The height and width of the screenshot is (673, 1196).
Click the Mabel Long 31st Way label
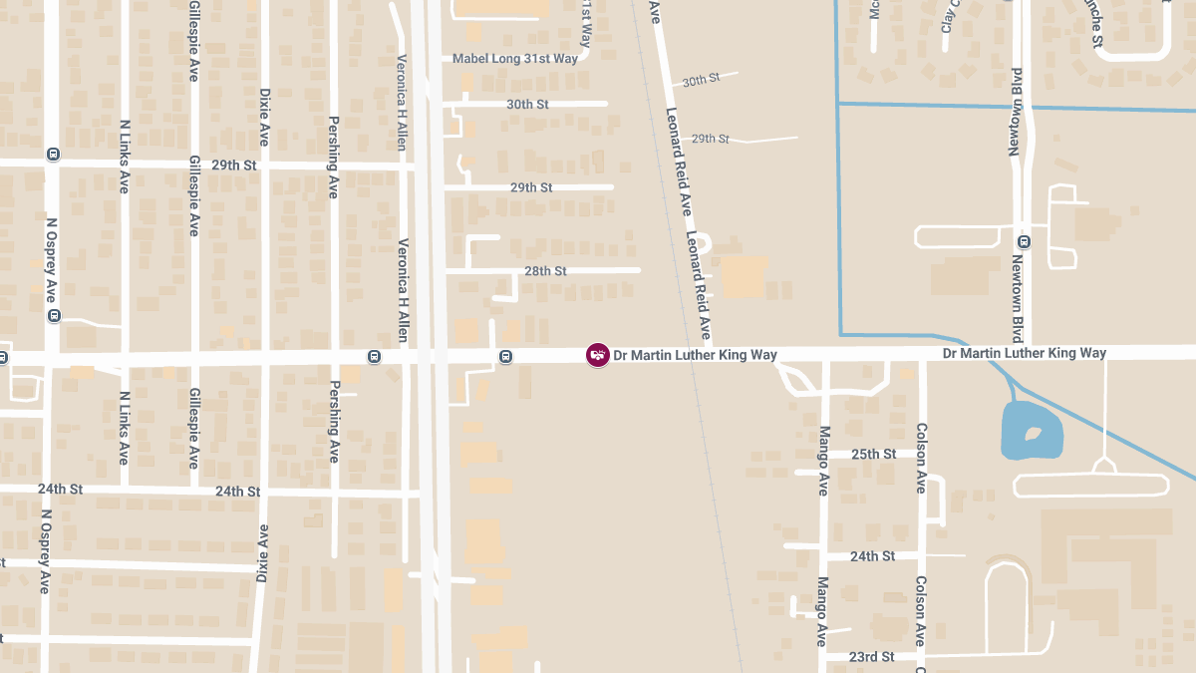pos(514,59)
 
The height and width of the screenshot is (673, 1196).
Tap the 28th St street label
pos(545,271)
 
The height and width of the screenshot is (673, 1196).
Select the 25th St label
pos(873,455)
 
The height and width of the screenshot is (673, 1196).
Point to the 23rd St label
pos(871,657)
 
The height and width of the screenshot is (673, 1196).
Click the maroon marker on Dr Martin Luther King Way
pos(597,355)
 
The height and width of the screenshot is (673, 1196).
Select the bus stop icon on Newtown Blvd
pos(1023,242)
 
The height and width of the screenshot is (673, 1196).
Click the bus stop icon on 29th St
pos(53,155)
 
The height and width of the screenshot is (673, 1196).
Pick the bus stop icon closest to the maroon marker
pos(506,357)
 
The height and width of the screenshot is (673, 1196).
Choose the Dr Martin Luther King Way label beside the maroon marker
pos(695,355)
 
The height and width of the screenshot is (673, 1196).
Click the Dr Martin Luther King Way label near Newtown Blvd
pos(1025,353)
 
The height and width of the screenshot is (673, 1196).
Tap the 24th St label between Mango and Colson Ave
pos(872,556)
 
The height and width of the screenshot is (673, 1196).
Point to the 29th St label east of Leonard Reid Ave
pos(711,139)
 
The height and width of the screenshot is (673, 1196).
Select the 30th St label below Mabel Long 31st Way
pos(527,105)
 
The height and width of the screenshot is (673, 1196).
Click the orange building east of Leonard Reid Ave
pos(746,277)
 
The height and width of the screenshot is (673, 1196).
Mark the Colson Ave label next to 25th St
pos(921,458)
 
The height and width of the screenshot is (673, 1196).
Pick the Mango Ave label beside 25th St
pos(823,461)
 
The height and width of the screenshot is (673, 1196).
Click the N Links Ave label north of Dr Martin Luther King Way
pos(125,157)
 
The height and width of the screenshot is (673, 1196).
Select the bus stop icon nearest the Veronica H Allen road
pos(374,357)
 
